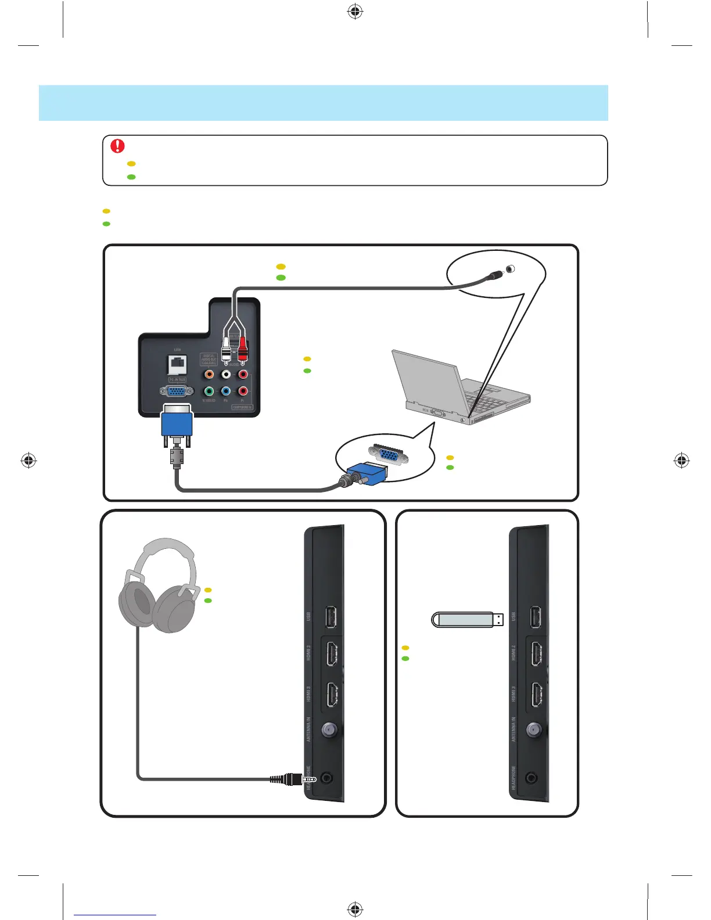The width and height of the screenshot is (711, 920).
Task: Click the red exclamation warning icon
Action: (117, 146)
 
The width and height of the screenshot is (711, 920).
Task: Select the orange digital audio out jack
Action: (209, 375)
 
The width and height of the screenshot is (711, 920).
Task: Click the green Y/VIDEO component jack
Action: (209, 391)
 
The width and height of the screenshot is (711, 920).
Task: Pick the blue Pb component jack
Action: (226, 391)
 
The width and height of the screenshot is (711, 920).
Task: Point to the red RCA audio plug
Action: (243, 348)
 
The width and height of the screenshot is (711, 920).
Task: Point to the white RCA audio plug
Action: (226, 348)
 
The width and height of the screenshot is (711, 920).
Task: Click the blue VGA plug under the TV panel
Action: (177, 423)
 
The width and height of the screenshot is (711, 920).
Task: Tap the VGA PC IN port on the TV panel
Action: (176, 391)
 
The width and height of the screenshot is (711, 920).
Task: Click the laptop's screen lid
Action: (427, 378)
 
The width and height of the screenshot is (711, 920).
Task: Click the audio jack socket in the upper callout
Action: (510, 269)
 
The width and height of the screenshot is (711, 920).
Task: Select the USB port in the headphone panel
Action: (331, 617)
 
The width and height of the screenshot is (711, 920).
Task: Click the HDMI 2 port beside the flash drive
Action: (536, 655)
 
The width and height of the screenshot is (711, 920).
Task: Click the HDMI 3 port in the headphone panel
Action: (331, 695)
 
